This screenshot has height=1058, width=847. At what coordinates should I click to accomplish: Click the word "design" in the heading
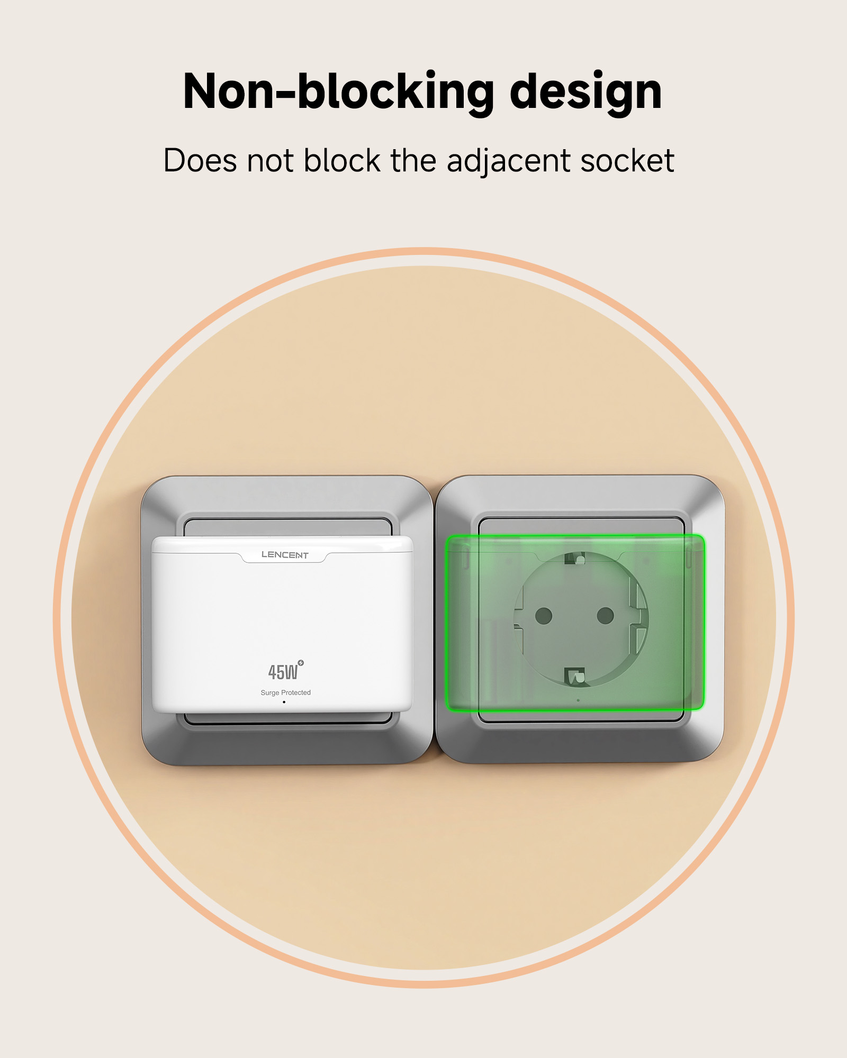point(586,93)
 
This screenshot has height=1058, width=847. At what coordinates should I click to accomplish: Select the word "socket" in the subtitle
point(627,160)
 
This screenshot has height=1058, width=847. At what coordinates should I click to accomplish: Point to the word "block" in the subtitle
point(342,160)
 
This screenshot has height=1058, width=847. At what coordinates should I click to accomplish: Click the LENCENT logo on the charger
point(285,554)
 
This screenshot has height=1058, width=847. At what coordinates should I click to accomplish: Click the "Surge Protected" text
point(286,692)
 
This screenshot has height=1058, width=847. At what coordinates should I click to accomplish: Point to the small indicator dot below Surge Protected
point(284,702)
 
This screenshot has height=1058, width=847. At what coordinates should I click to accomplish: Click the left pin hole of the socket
point(544,616)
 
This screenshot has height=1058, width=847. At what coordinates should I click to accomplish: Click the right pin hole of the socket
point(605,616)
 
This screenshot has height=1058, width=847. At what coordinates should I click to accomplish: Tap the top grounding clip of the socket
point(574,558)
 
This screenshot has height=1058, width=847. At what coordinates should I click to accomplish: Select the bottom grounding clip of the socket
point(574,676)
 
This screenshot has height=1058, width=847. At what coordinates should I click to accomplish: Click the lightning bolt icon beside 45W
point(301,663)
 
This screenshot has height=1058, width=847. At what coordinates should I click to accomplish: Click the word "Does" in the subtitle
point(200,160)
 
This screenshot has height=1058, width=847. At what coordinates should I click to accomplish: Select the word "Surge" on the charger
point(269,693)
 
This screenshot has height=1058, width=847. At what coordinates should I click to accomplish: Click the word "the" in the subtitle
point(413,160)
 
